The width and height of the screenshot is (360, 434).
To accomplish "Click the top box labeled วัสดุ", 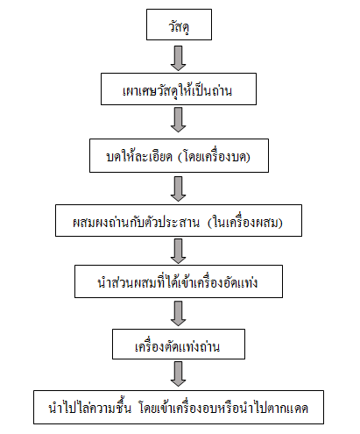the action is (x=179, y=25).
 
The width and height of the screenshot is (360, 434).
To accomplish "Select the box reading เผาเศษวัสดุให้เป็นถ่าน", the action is (x=179, y=89).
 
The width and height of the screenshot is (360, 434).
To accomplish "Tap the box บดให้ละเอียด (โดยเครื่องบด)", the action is (x=179, y=155).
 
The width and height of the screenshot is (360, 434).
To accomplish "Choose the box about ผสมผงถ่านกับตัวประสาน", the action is (x=179, y=220).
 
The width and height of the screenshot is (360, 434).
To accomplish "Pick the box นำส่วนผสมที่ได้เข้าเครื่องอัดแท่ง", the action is (x=179, y=281).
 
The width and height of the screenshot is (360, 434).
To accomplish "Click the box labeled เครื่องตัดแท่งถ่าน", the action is (x=179, y=344).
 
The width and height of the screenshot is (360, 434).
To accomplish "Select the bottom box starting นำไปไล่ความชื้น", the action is (x=179, y=407).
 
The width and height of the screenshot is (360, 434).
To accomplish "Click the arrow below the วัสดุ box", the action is (x=179, y=58).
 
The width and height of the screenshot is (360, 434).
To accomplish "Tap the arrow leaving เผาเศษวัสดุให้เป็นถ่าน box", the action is (x=179, y=120).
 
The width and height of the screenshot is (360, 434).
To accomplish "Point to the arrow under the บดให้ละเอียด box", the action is (x=179, y=189).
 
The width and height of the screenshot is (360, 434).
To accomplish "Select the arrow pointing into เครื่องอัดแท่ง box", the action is (x=179, y=252).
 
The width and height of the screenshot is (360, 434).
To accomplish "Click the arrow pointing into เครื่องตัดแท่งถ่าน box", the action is (x=179, y=314).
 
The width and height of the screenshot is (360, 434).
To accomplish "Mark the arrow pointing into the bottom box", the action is (x=179, y=374).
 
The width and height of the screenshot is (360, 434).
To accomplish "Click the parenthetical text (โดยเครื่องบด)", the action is (x=214, y=157).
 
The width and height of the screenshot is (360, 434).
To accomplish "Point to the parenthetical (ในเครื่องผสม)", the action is (x=245, y=223).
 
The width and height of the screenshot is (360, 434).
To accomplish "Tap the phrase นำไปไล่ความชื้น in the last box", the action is (x=90, y=407).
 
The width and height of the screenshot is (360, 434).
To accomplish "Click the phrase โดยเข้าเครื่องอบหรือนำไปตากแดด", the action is (x=223, y=408).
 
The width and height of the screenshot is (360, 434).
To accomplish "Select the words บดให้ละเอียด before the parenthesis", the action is (x=139, y=156).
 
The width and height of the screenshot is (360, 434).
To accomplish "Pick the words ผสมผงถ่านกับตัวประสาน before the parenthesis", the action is (x=136, y=222).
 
